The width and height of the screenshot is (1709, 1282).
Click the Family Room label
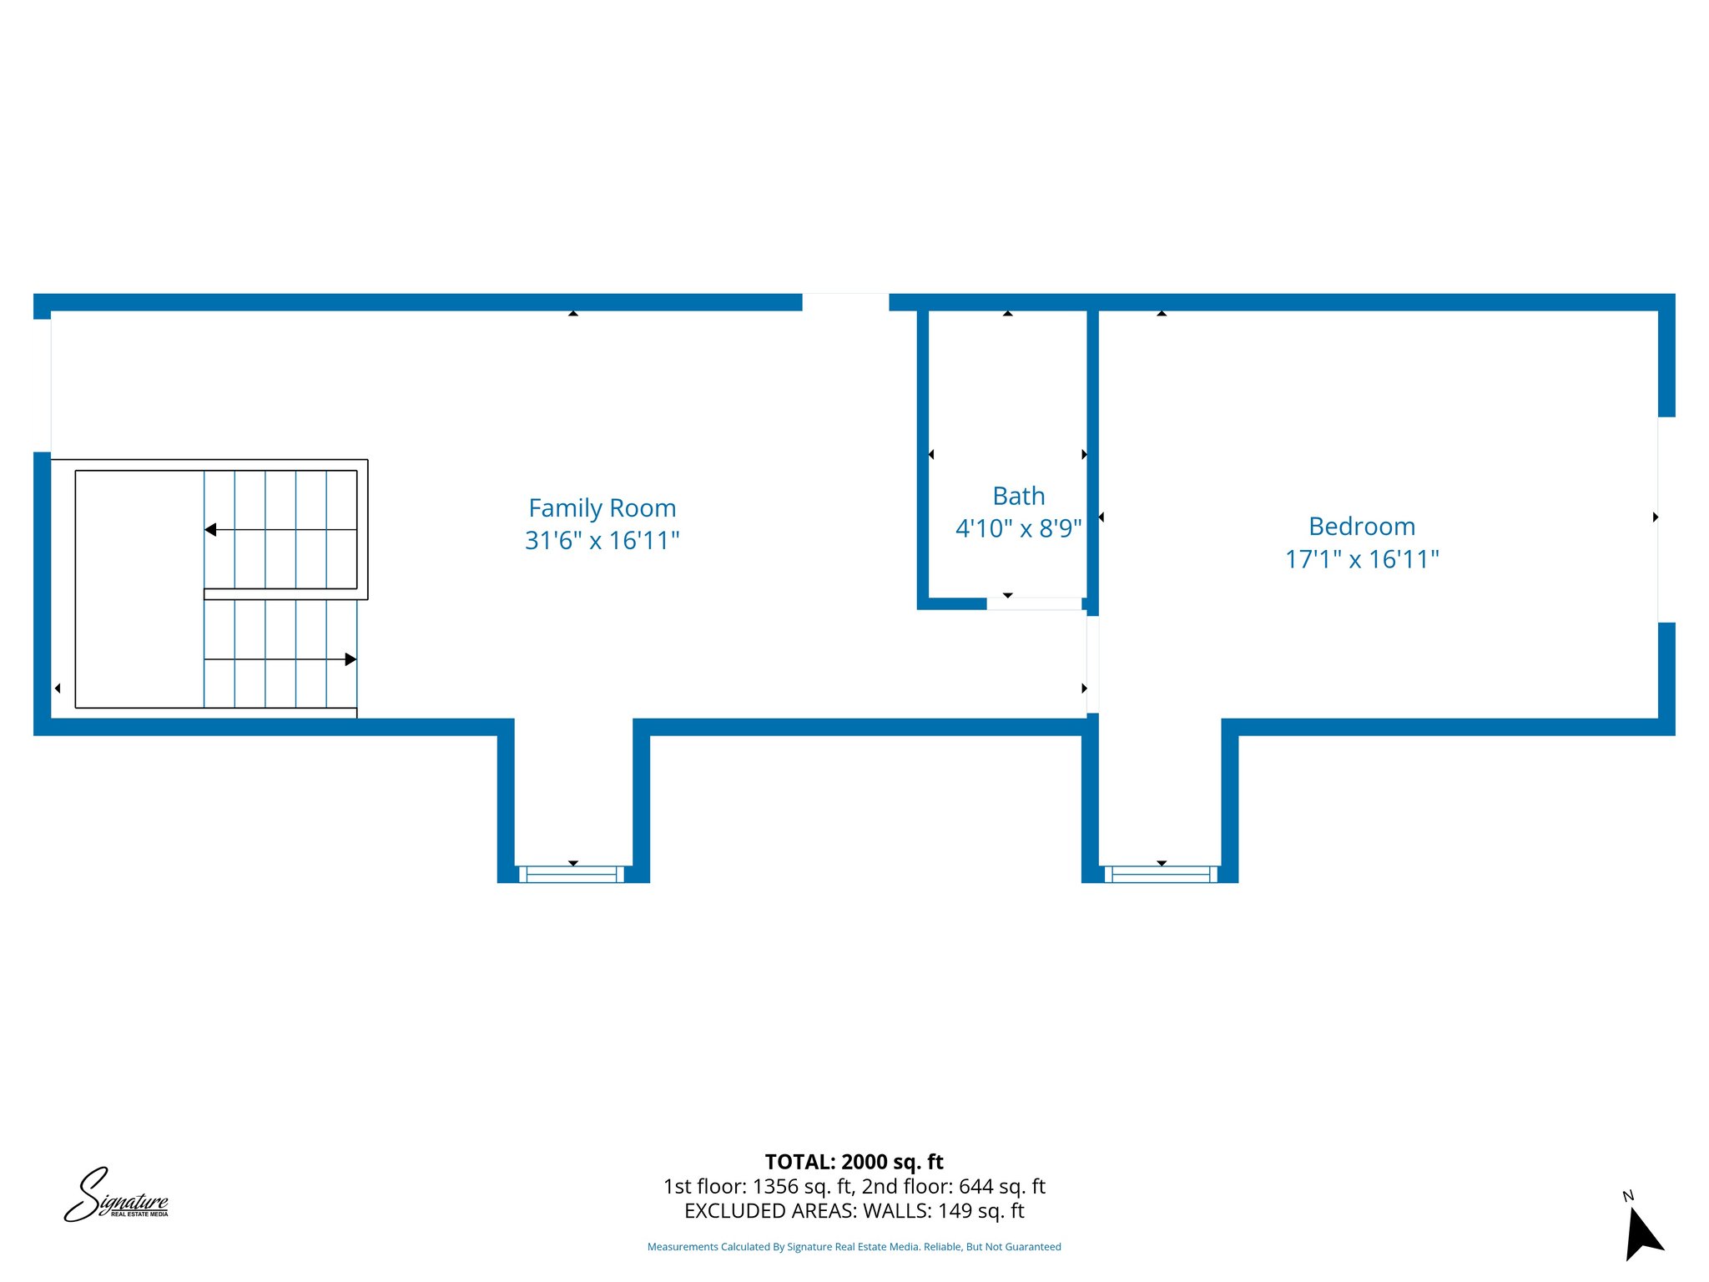pyautogui.click(x=602, y=507)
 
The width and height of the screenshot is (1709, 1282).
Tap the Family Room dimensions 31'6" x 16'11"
pyautogui.click(x=602, y=541)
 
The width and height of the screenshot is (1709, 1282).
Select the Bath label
pyautogui.click(x=1018, y=496)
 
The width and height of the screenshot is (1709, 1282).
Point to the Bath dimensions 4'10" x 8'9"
pyautogui.click(x=1018, y=528)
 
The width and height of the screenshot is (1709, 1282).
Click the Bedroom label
pyautogui.click(x=1361, y=527)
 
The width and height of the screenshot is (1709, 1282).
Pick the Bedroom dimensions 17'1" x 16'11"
pyautogui.click(x=1361, y=559)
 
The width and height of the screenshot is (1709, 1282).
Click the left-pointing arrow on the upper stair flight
pyautogui.click(x=211, y=529)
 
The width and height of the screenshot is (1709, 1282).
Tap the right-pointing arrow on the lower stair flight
pyautogui.click(x=350, y=659)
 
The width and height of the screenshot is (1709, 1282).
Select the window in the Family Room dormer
pyautogui.click(x=572, y=874)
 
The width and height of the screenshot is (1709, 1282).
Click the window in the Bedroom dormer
pyautogui.click(x=1161, y=874)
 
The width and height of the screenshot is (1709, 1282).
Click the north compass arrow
pyautogui.click(x=1643, y=1235)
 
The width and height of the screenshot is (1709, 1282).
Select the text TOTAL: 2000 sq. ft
pyautogui.click(x=854, y=1162)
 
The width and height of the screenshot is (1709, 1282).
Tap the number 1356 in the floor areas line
pyautogui.click(x=775, y=1186)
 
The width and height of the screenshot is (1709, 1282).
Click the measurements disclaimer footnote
pyautogui.click(x=854, y=1247)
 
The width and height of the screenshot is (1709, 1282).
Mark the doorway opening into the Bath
pyautogui.click(x=1034, y=603)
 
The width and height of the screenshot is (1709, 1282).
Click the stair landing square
pyautogui.click(x=139, y=588)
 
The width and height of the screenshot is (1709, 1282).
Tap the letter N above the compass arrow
pyautogui.click(x=1627, y=1196)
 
